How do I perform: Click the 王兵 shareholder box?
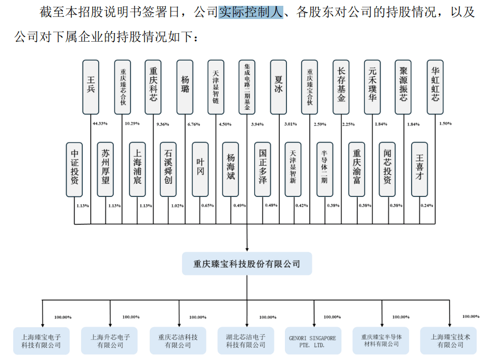pos(91,87)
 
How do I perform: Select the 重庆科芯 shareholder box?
pos(154,87)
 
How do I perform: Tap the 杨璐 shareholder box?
pos(185,87)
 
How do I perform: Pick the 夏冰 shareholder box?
pos(279,87)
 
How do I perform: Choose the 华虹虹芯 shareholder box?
pos(435,87)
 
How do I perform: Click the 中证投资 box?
pos(75,169)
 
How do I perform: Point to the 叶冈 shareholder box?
pos(200,169)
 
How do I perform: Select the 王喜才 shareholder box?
pos(419,169)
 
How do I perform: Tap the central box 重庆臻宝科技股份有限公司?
pos(247,263)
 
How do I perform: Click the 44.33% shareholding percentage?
pos(100,124)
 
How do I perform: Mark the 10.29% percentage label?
pos(131,124)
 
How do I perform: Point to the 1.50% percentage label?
pos(446,124)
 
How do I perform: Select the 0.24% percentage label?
pos(427,205)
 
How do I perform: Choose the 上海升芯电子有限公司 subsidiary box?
pos(110,341)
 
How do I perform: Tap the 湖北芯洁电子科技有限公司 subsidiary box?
pos(246,341)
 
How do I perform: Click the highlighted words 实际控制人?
pos(251,12)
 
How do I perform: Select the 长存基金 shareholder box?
pos(341,87)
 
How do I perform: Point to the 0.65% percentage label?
pos(208,205)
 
